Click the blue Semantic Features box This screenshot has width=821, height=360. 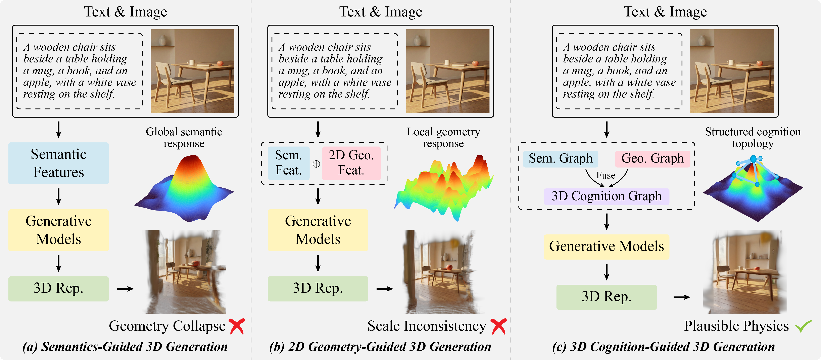tap(58, 163)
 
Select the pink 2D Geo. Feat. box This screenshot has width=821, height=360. tap(351, 163)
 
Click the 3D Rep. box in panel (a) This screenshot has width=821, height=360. tap(58, 288)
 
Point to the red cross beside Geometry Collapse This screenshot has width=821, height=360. tap(237, 326)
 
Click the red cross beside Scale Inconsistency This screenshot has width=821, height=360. tap(498, 326)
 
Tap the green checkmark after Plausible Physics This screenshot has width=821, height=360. tap(803, 326)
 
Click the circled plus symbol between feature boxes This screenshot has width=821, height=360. tap(316, 164)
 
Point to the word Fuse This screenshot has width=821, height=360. tap(606, 175)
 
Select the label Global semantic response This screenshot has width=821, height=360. tap(184, 137)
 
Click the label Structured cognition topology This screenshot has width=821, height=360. tap(753, 137)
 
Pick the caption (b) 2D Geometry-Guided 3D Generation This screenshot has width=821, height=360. tap(380, 347)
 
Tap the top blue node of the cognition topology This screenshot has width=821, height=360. tap(753, 159)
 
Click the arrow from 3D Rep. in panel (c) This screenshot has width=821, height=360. tap(681, 297)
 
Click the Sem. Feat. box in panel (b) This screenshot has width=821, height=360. tap(288, 163)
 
